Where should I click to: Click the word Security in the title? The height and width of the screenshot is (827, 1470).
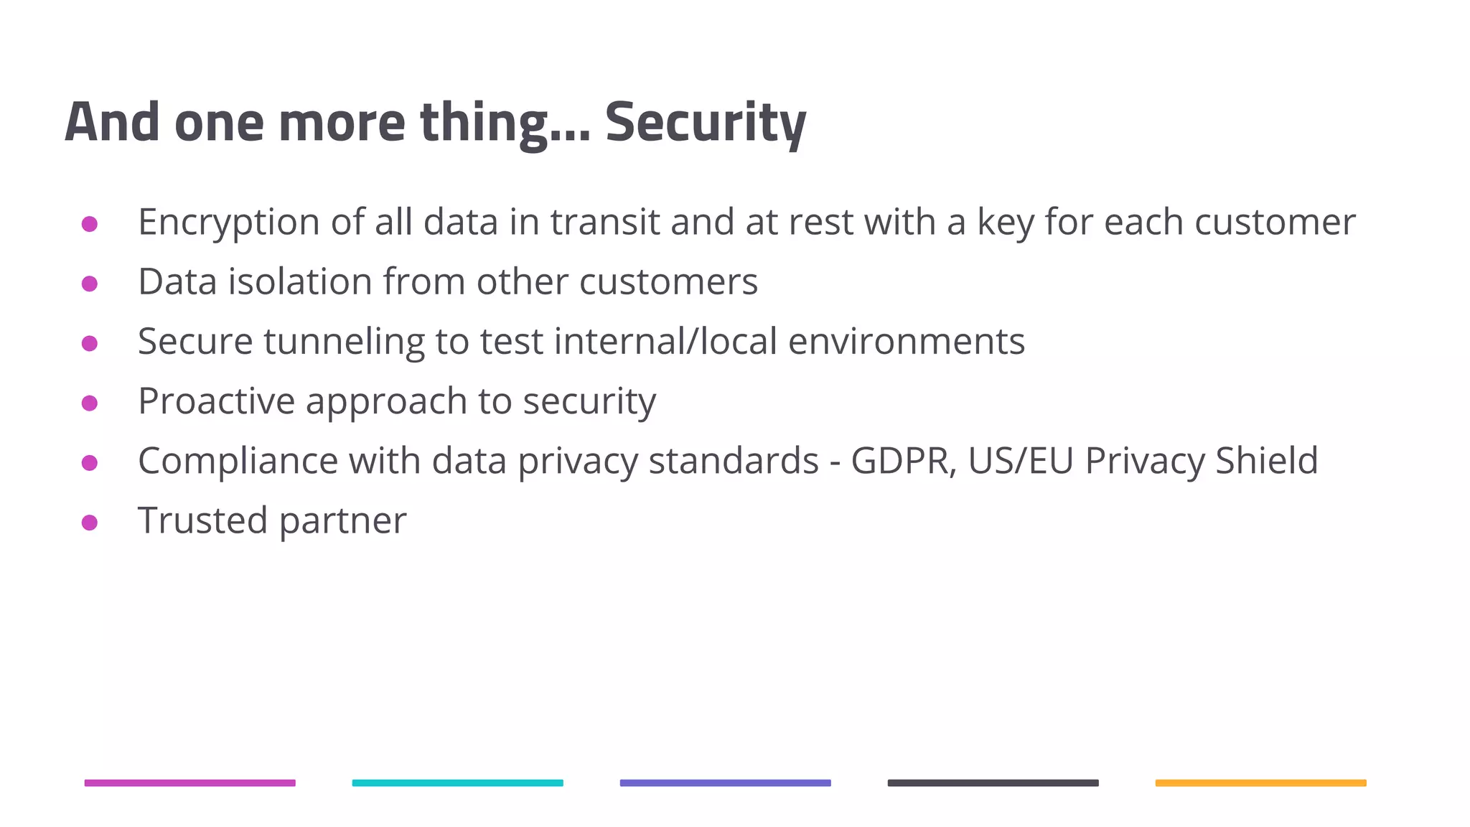coord(706,123)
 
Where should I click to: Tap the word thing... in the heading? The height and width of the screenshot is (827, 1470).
coord(505,123)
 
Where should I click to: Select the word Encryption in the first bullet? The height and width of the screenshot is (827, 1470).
coord(228,222)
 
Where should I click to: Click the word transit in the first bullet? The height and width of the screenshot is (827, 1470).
coord(604,222)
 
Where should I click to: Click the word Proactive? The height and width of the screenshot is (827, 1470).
coord(216,401)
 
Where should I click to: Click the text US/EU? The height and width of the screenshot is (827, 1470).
coord(1020,460)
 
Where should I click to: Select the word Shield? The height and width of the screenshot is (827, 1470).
coord(1266,460)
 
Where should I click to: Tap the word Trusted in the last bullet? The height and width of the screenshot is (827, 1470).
coord(202,520)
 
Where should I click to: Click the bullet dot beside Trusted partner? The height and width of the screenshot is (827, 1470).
coord(90,523)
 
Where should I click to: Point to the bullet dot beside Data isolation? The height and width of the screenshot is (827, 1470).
coord(90,284)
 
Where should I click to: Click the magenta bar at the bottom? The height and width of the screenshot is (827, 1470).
coord(189,782)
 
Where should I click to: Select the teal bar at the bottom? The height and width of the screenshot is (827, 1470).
coord(457,782)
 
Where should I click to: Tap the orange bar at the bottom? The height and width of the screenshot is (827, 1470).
coord(1260,782)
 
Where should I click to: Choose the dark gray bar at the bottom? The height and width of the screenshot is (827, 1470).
coord(993,782)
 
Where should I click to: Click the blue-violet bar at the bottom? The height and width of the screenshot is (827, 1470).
coord(725,782)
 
